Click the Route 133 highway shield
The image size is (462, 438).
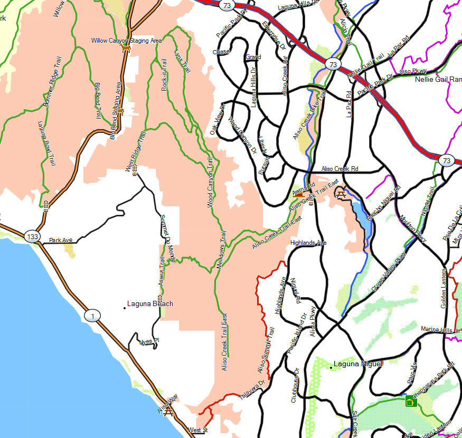[x=33, y=237]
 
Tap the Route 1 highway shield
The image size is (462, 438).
[x=92, y=316]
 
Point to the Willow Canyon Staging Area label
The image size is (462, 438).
[x=126, y=41]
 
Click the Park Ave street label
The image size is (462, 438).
[x=60, y=241]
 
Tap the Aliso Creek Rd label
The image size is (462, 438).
[x=340, y=169]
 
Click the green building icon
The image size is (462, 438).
[x=409, y=402]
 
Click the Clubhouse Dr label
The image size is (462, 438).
[x=295, y=386]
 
